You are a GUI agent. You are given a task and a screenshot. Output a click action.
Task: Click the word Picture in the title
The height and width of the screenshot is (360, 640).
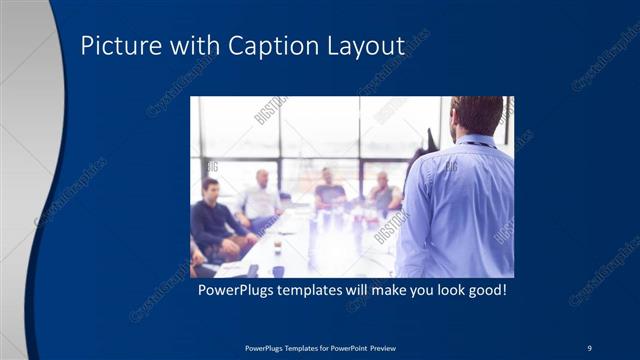tap(112, 46)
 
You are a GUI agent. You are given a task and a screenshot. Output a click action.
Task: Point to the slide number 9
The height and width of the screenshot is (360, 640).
tap(589, 347)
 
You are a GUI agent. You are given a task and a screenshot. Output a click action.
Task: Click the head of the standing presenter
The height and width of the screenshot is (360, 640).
tap(476, 115)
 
